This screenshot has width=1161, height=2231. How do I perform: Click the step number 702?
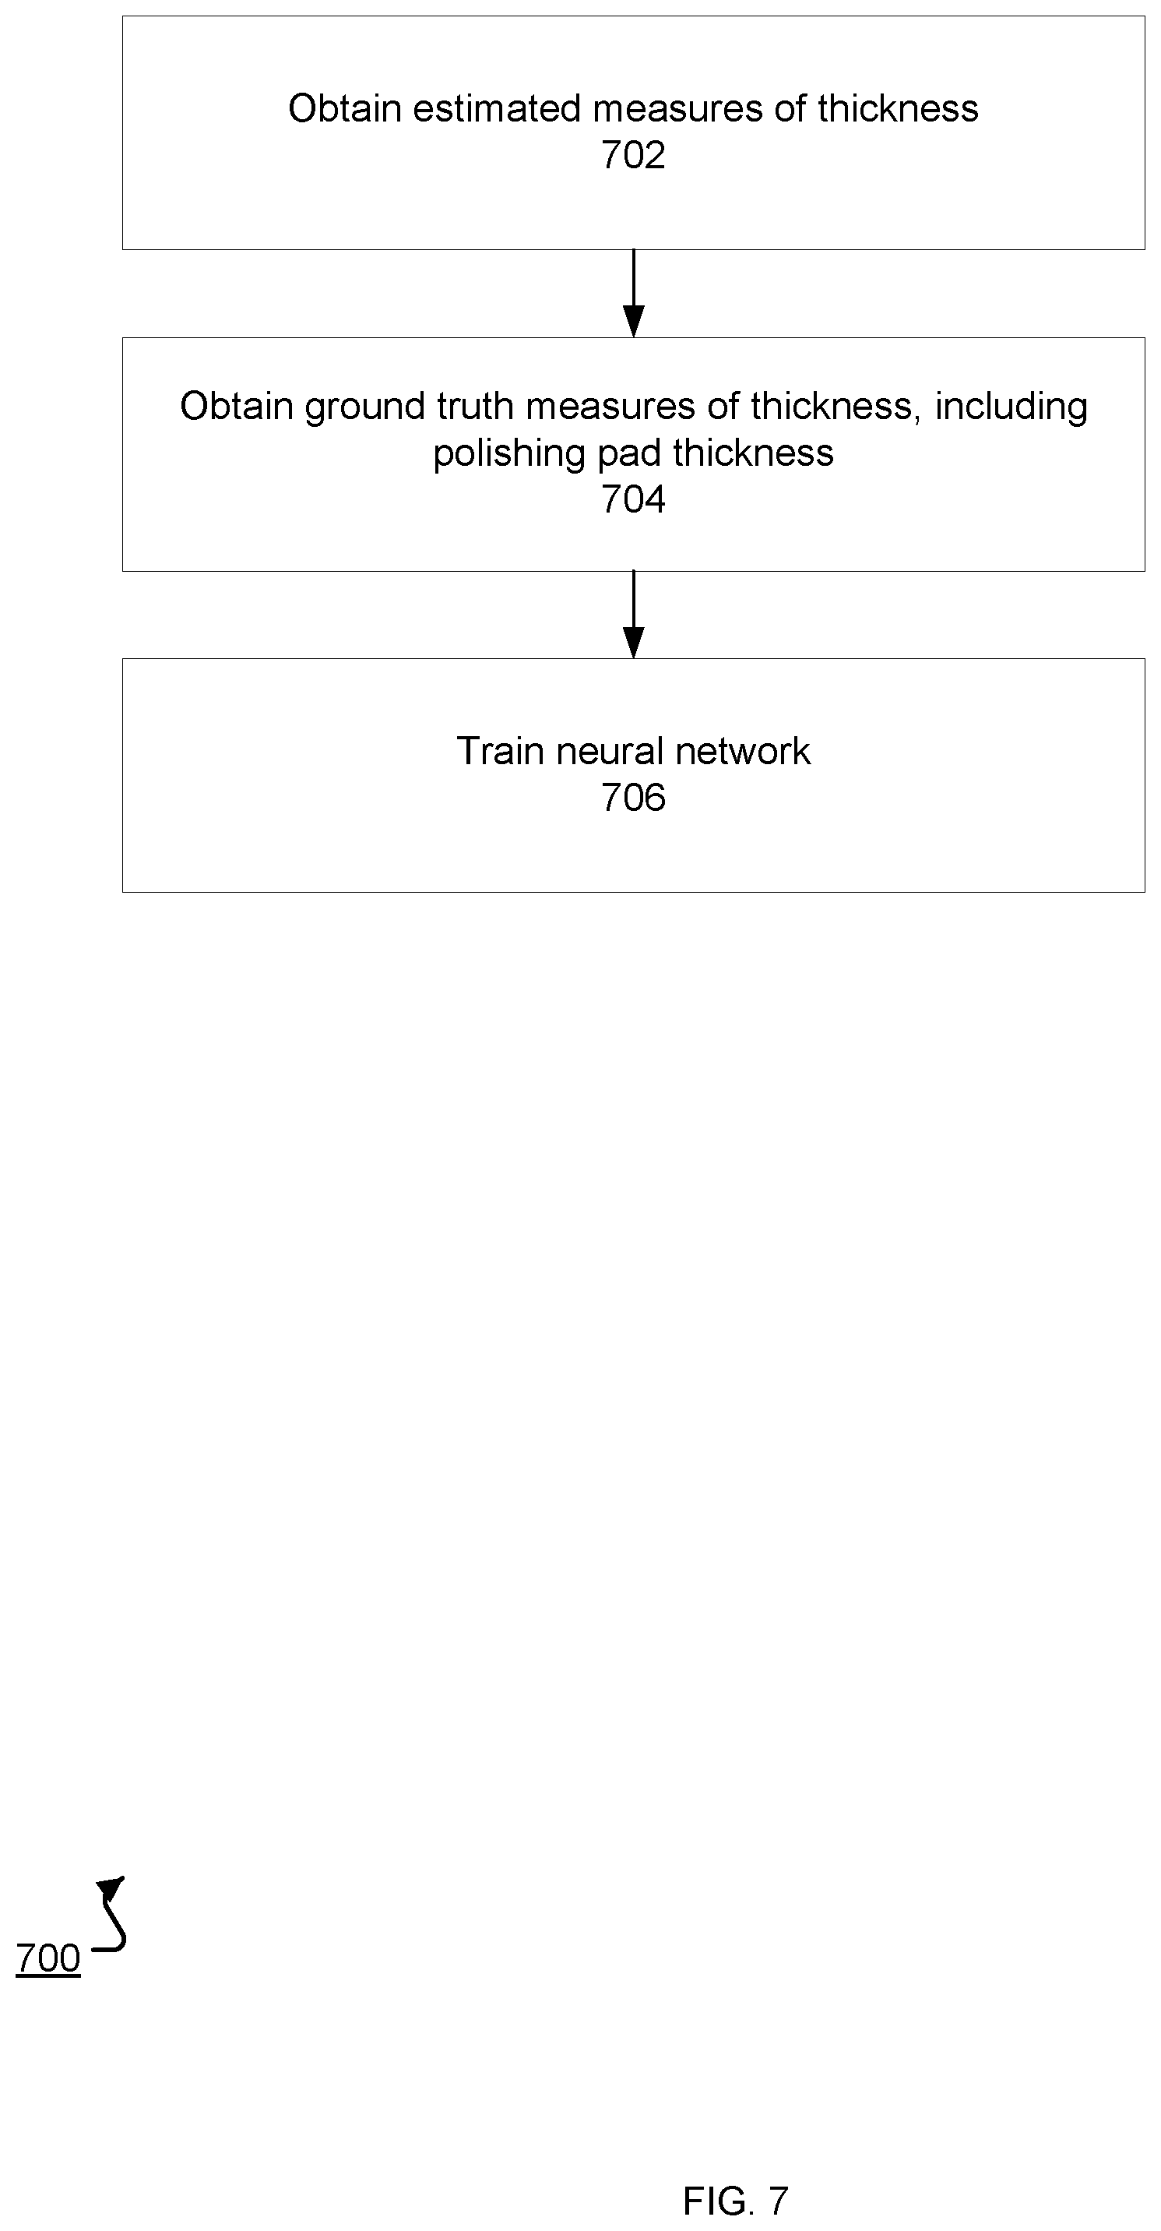[633, 156]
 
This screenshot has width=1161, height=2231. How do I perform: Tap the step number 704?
[633, 500]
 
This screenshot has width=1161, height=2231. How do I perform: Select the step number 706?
[633, 798]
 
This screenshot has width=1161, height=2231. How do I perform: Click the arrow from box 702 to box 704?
[634, 294]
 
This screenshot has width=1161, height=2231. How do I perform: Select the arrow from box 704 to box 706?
[634, 615]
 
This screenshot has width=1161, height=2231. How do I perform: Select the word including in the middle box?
[1011, 407]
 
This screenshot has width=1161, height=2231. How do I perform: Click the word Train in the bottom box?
[501, 752]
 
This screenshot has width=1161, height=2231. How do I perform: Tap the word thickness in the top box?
[898, 109]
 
